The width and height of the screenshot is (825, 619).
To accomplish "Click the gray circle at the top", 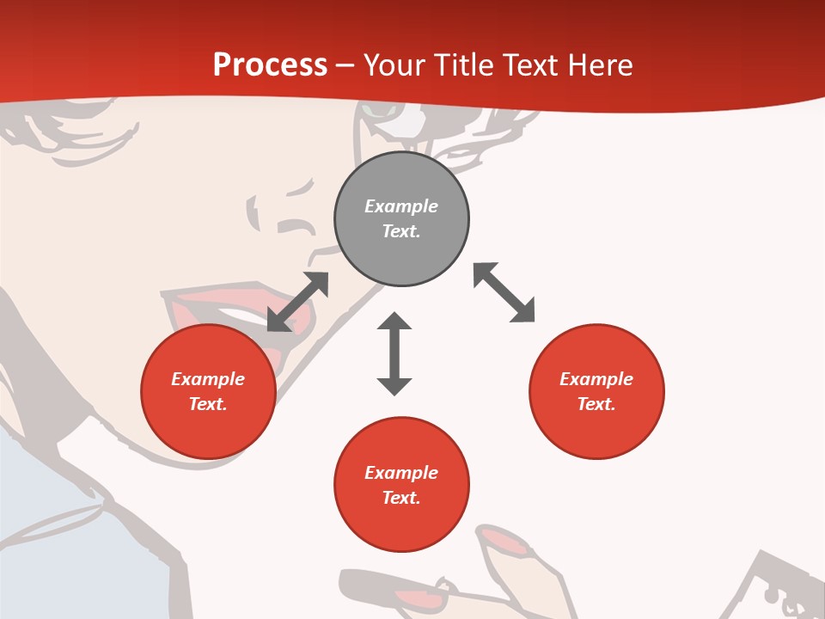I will tap(401, 219).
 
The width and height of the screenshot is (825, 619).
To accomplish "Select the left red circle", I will tap(208, 392).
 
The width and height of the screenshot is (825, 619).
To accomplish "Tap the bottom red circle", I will tap(401, 485).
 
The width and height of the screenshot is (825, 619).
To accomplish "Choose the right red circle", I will tap(596, 392).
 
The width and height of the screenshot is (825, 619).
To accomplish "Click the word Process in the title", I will tap(270, 64).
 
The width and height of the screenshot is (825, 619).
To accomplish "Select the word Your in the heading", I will tap(395, 64).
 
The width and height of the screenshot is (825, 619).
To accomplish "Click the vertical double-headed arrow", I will tap(394, 354).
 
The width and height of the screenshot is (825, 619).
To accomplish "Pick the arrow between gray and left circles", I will tap(297, 301).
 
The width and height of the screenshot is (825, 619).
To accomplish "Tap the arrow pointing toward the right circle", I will tap(504, 292).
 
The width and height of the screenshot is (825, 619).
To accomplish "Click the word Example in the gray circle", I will tap(401, 206).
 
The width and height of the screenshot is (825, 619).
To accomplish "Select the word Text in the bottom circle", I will tap(400, 498).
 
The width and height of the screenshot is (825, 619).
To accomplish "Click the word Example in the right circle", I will tap(596, 379).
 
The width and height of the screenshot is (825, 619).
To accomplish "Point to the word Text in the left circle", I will tap(207, 404).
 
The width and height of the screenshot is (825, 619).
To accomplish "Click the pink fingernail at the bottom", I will tap(506, 541).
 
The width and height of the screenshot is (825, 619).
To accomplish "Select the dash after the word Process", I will tap(345, 65).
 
